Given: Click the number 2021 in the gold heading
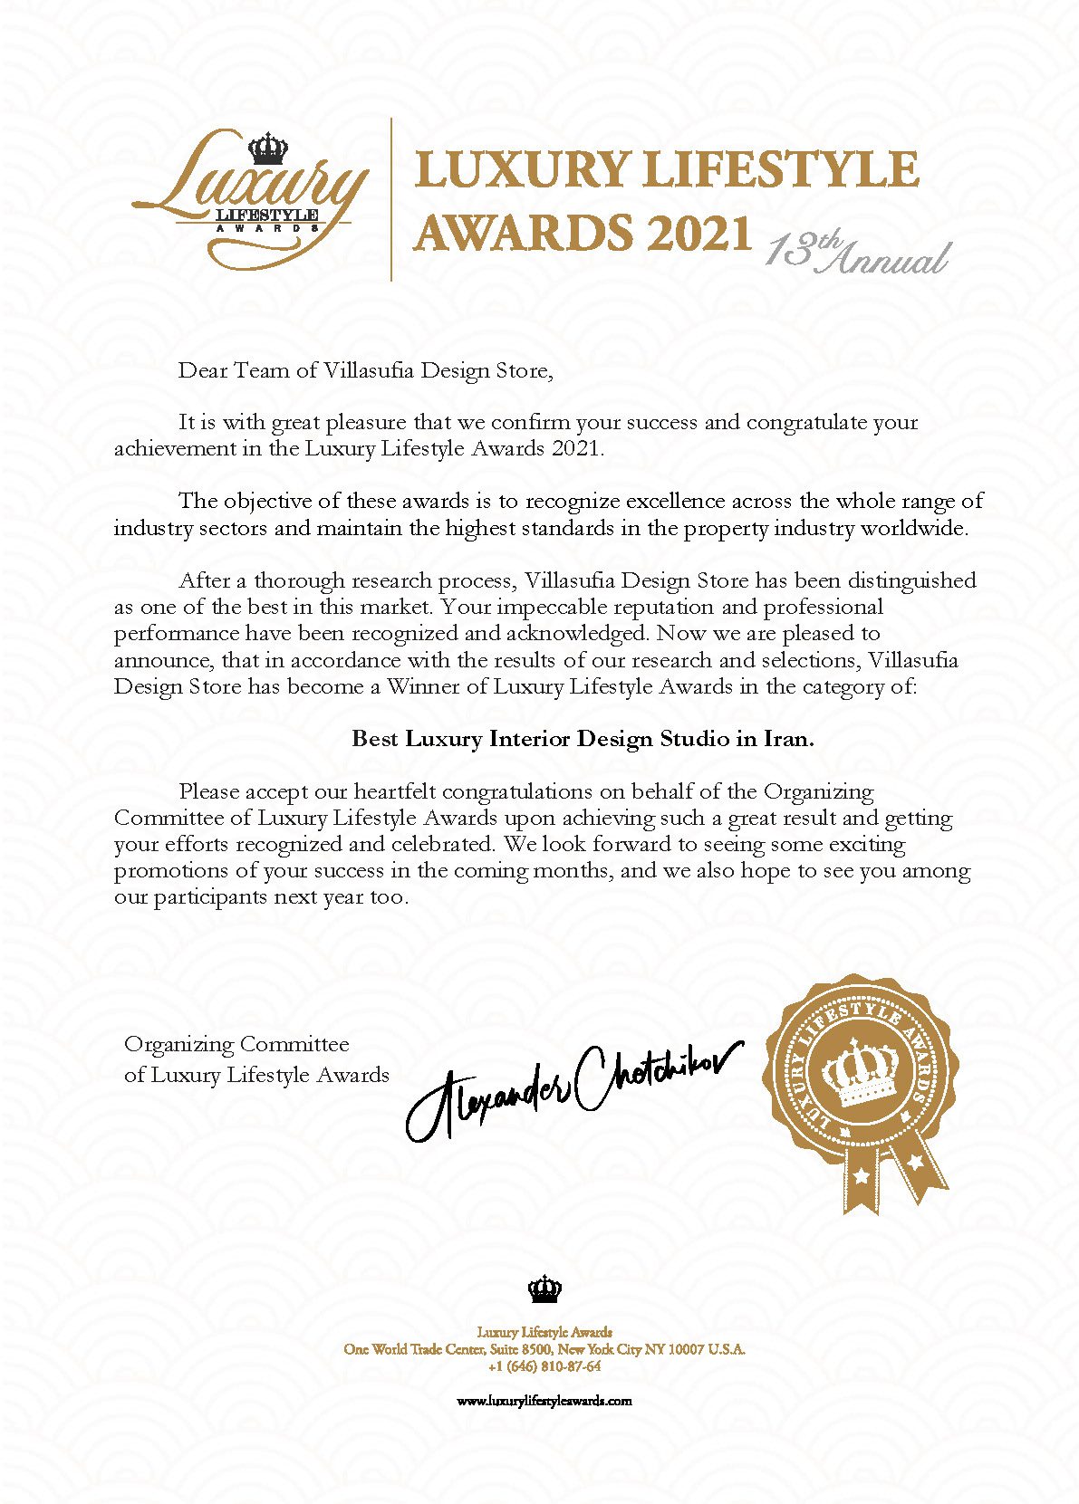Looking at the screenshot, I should pyautogui.click(x=698, y=234).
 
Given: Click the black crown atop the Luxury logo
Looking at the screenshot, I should pyautogui.click(x=267, y=148).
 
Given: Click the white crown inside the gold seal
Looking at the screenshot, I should pyautogui.click(x=856, y=1073).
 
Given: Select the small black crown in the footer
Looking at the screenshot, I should pyautogui.click(x=544, y=1288).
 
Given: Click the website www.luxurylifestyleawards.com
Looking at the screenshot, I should pyautogui.click(x=544, y=1400).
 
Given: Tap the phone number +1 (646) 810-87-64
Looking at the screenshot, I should pyautogui.click(x=544, y=1366).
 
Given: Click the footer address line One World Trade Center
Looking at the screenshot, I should pyautogui.click(x=544, y=1349).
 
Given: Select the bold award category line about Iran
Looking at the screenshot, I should pyautogui.click(x=583, y=739).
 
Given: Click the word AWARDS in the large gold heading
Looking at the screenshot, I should pyautogui.click(x=523, y=234).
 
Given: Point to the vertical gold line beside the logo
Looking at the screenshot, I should pyautogui.click(x=391, y=198).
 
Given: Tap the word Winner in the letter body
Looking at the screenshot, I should pyautogui.click(x=423, y=686).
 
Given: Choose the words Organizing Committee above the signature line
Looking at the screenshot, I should pyautogui.click(x=236, y=1045).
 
